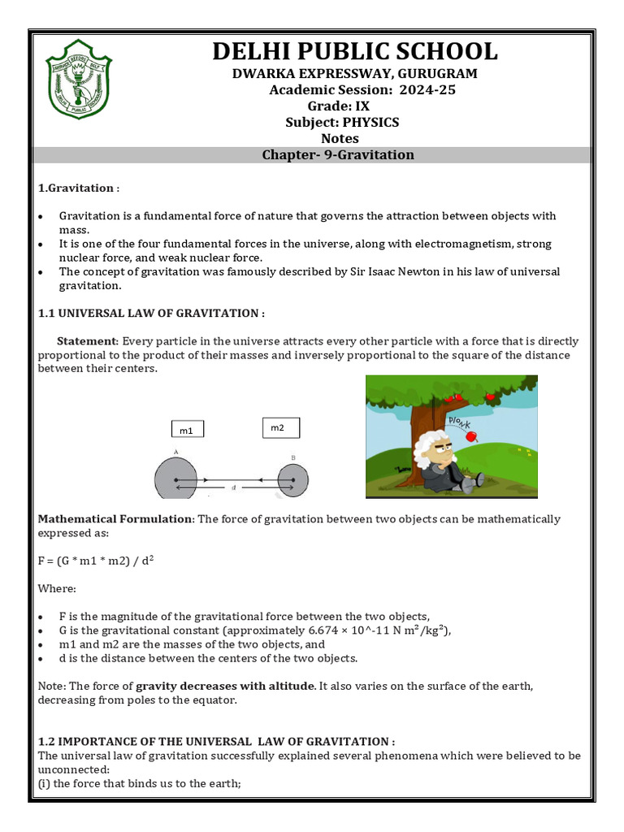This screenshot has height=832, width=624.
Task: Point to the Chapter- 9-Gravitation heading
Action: point(338,154)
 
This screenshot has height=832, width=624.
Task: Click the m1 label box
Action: point(187,430)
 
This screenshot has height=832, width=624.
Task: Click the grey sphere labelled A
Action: point(176,479)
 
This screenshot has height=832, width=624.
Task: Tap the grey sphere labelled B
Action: point(292,479)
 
